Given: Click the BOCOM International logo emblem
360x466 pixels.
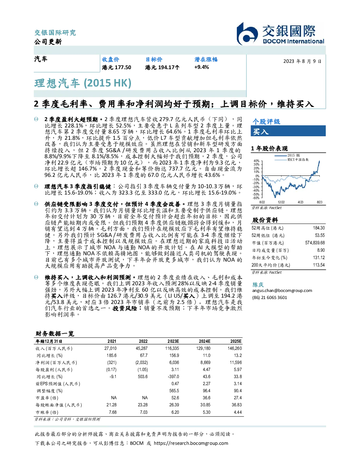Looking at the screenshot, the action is coord(247,34).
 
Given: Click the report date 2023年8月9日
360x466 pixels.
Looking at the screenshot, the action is coord(302,61).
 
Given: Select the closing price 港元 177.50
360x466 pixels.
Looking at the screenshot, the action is coord(116,67).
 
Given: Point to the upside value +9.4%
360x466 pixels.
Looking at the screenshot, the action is coord(201,67).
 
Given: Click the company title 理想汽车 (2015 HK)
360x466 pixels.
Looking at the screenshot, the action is coord(83,83).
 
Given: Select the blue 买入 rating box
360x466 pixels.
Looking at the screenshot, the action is coord(288,131).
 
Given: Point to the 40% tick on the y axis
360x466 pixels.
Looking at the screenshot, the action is coord(257,161).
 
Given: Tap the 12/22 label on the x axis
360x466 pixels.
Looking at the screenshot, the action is coord(281,202).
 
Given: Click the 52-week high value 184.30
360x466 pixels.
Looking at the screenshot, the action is coord(319,228).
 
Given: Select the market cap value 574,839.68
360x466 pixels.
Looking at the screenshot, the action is coord(315,243).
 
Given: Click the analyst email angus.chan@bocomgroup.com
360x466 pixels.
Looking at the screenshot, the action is coord(282,290).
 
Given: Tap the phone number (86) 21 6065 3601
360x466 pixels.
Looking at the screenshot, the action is coord(270,298).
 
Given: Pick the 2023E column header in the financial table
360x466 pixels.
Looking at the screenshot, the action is coord(173,341).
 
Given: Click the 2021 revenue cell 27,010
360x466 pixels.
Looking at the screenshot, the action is coord(110,348).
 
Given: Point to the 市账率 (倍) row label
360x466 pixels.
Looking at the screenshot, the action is coord(47,412).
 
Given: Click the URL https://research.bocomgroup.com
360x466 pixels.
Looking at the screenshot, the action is coord(191,443).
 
